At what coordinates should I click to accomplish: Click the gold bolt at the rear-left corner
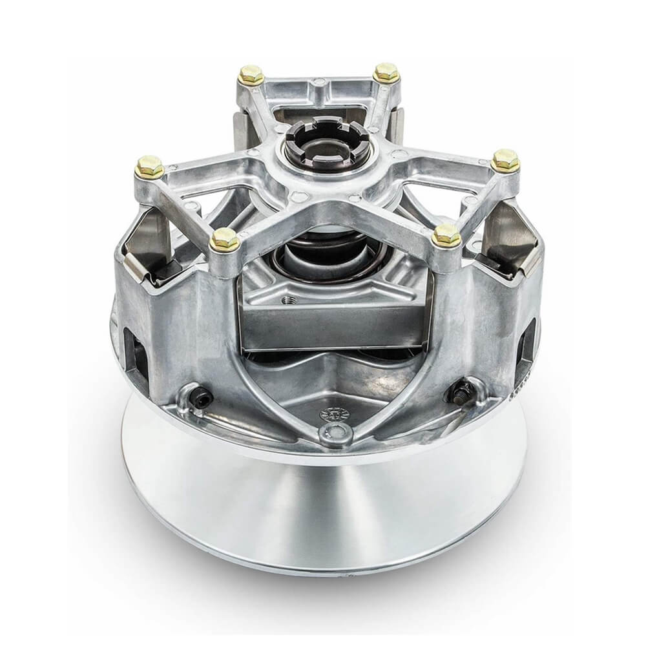(x=251, y=74)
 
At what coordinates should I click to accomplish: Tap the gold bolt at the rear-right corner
(x=386, y=72)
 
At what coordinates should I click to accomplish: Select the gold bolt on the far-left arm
(x=150, y=167)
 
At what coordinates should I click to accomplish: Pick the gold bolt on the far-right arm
(x=505, y=160)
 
